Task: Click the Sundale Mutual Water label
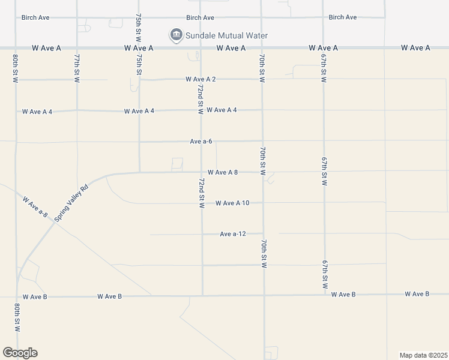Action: pos(226,36)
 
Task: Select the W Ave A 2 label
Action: pos(200,79)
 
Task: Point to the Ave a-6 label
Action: pos(201,142)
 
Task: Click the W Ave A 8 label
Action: pos(223,172)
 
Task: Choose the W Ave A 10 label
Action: pos(232,203)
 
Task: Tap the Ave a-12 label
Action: pos(234,234)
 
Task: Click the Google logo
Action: pos(20,353)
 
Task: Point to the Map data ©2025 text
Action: pos(424,355)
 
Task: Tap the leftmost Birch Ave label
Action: pos(35,17)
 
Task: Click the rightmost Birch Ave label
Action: pos(343,17)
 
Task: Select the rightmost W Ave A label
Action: pos(416,48)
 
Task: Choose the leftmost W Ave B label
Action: pos(35,297)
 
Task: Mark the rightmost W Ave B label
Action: pos(417,294)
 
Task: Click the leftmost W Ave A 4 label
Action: pos(37,112)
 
